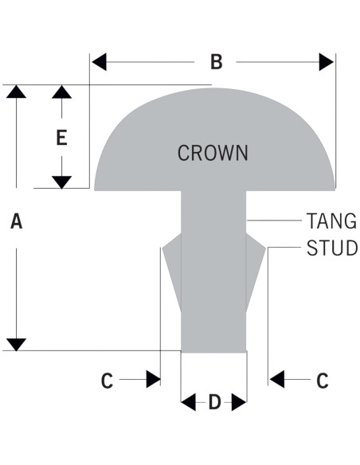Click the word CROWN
pos(213,153)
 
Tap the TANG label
pos(331,221)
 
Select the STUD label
pos(332,248)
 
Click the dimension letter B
pos(217,62)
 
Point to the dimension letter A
pos(16,221)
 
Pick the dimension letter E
pos(61,137)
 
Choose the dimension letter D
pos(215,402)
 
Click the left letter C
pos(107,381)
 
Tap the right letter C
pos(323,381)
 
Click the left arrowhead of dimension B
pos(99,62)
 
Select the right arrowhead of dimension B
pos(327,62)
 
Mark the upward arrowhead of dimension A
pos(16,92)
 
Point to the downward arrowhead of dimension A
pos(16,344)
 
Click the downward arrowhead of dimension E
pos(61,182)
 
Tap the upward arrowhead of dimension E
pos(61,92)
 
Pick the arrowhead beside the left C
pos(153,379)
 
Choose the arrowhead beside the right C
pos(277,379)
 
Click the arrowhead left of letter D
pos(188,402)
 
